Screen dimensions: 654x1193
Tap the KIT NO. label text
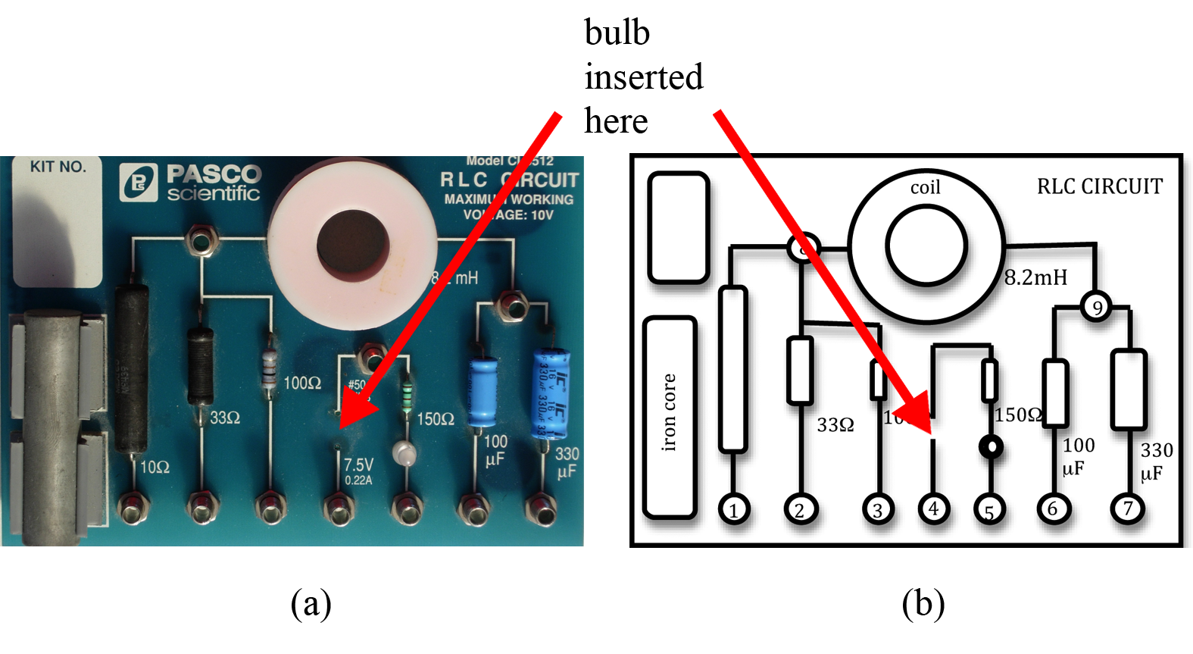(58, 167)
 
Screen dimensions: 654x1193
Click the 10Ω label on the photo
(155, 467)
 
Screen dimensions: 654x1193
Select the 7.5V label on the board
(358, 465)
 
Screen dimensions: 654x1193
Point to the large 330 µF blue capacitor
(551, 393)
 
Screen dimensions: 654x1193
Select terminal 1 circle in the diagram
(733, 510)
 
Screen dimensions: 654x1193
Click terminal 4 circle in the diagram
(933, 508)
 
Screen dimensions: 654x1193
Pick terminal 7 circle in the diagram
(1127, 508)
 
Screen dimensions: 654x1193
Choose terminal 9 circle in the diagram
(1096, 307)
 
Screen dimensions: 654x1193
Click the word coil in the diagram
(925, 187)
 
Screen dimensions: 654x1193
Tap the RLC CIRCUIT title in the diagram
(1099, 186)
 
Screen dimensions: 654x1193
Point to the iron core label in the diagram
(668, 412)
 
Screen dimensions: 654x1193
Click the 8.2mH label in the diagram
(1035, 277)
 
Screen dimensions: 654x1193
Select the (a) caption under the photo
(311, 604)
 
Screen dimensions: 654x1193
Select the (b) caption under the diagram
(923, 604)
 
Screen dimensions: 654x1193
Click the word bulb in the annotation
(617, 33)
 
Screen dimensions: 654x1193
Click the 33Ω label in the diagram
(835, 425)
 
